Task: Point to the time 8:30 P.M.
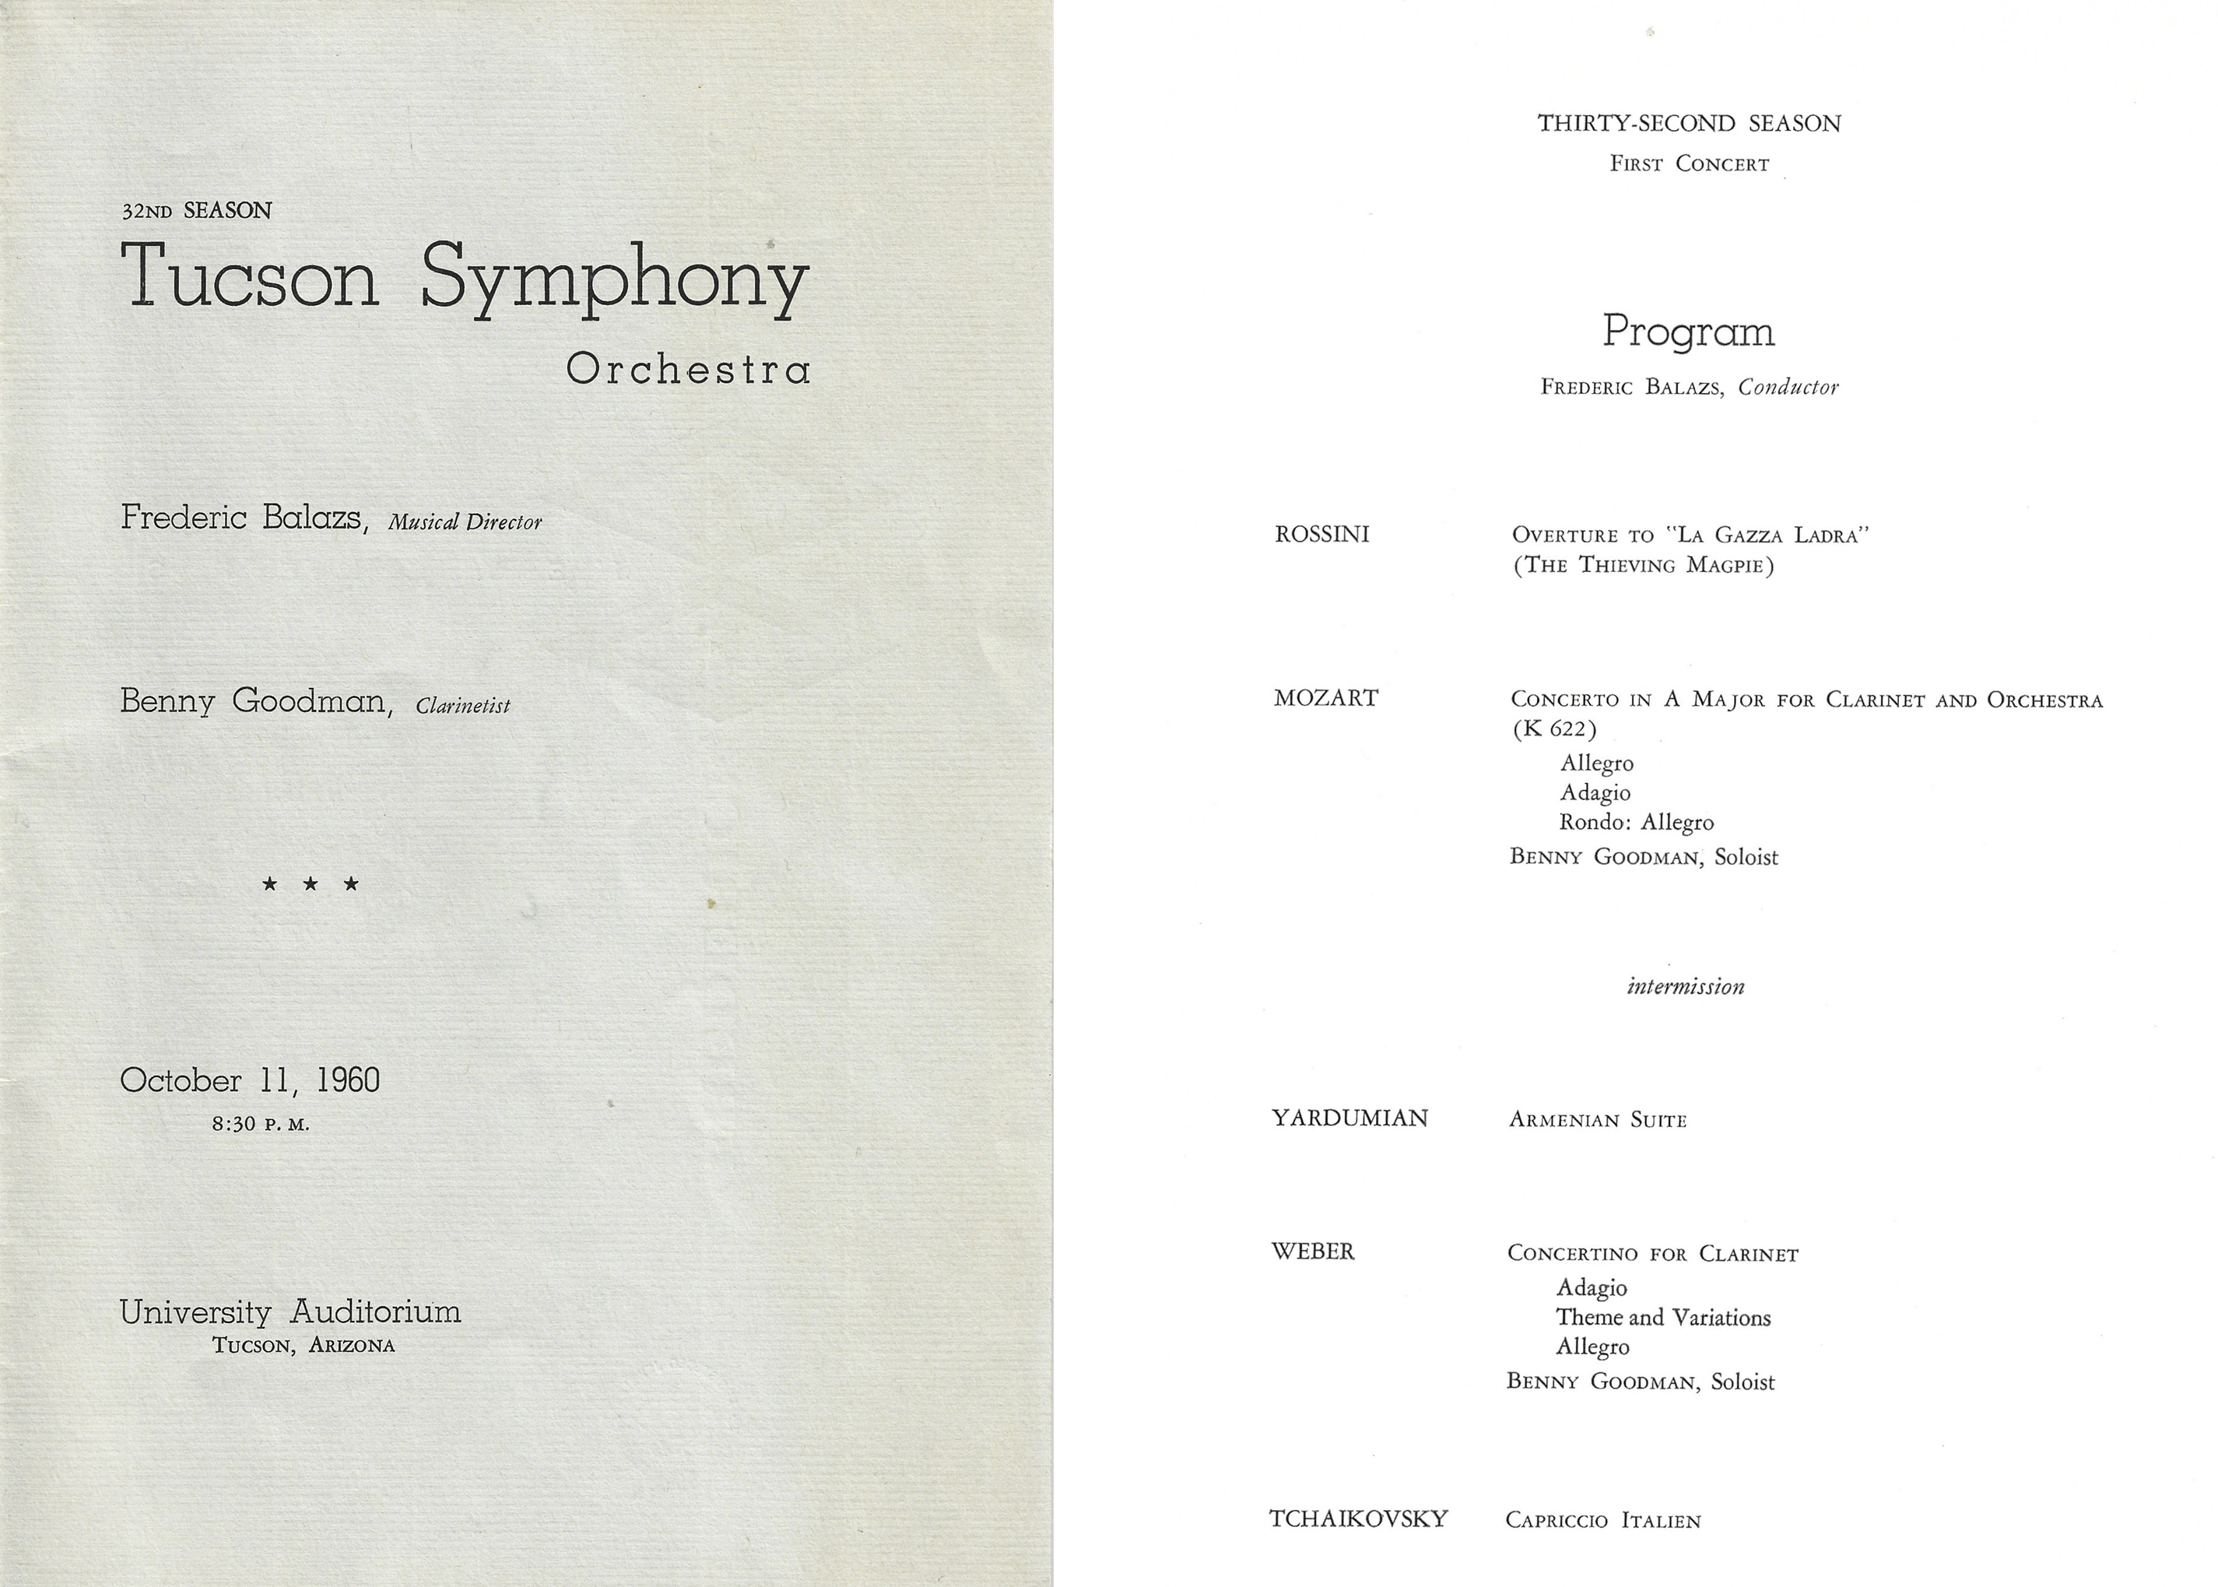(x=261, y=1124)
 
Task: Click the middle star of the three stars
(x=311, y=884)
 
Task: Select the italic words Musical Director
(x=465, y=521)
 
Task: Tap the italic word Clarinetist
(x=463, y=706)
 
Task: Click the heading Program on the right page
(x=1689, y=332)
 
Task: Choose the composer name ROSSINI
(x=1322, y=535)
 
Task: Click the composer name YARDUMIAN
(x=1349, y=1118)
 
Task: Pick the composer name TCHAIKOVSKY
(x=1358, y=1519)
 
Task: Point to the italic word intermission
(x=1686, y=986)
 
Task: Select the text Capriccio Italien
(x=1603, y=1521)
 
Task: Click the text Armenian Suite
(x=1598, y=1120)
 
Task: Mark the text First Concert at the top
(x=1690, y=164)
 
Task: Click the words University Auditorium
(x=290, y=1311)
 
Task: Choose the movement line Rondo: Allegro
(x=1637, y=823)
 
